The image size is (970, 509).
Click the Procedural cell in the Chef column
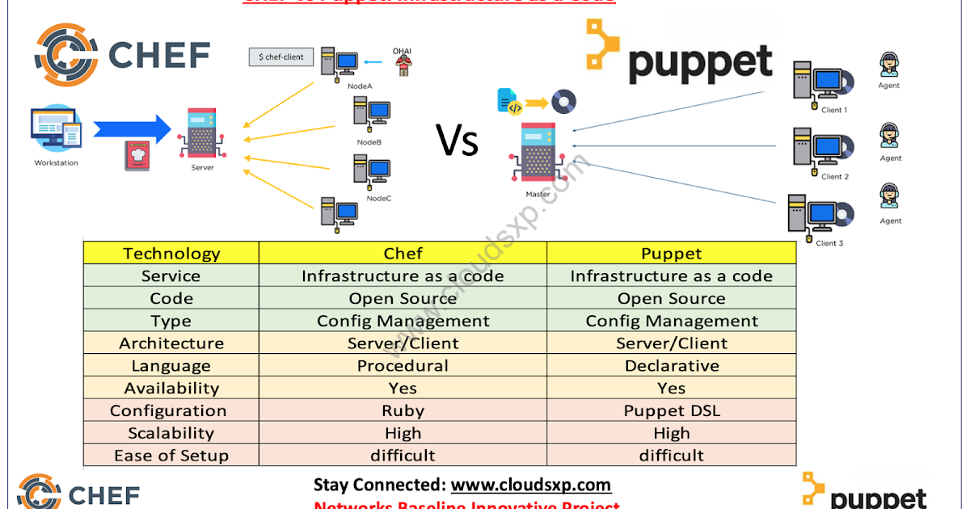click(x=403, y=366)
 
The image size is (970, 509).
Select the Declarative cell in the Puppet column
click(x=671, y=366)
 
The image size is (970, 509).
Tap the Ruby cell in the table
click(x=403, y=410)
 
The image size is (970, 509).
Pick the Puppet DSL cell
click(x=671, y=410)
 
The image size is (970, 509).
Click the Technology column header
click(x=171, y=254)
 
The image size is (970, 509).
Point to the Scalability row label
click(x=171, y=433)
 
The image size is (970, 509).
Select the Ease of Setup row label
click(x=171, y=456)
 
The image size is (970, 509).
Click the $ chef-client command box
click(x=280, y=57)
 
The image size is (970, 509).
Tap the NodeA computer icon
click(x=339, y=64)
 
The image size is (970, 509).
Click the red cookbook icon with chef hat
click(x=137, y=155)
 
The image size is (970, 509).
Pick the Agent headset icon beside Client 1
click(x=889, y=64)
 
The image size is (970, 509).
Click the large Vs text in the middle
click(x=458, y=141)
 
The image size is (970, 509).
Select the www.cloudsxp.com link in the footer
click(x=530, y=485)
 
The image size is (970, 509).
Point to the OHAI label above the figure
click(x=402, y=51)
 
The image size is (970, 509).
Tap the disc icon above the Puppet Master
click(x=563, y=102)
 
